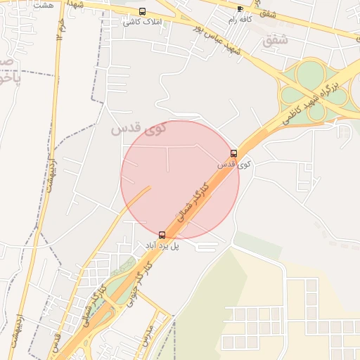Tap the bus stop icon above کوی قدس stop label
233,153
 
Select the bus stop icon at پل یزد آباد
162,235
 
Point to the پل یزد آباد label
162,246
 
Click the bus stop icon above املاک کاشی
143,11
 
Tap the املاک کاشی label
142,22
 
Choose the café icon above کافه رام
240,9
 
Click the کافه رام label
240,20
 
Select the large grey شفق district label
275,40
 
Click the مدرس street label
147,340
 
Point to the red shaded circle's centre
180,180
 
